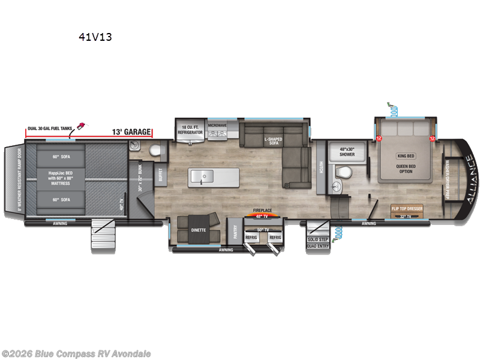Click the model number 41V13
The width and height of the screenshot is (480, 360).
click(x=95, y=37)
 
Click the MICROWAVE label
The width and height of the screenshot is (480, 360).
click(x=217, y=126)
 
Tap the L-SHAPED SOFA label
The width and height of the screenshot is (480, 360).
click(x=274, y=141)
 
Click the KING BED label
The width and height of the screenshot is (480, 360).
click(x=406, y=156)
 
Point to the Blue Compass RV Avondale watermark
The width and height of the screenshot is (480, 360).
click(x=76, y=353)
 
